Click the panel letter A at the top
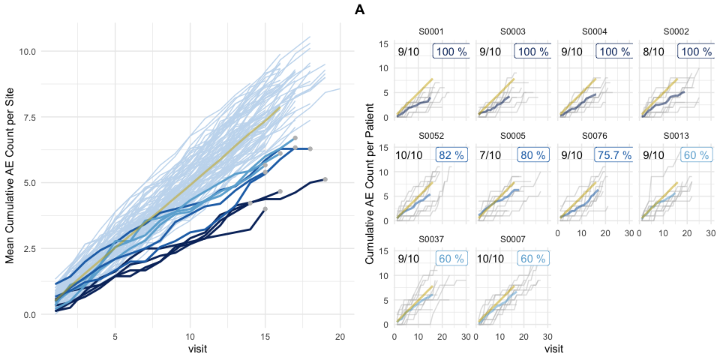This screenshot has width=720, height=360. click(360, 10)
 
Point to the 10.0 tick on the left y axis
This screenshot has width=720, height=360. click(28, 51)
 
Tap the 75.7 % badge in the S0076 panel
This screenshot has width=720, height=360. click(613, 154)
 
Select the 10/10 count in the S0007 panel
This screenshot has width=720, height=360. click(493, 258)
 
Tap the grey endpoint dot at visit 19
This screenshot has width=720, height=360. click(325, 179)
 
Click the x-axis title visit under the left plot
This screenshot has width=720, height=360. click(197, 349)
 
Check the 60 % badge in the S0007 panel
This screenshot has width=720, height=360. click(532, 258)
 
